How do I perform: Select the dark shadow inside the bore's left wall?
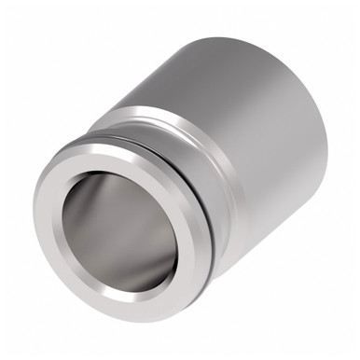[79, 224]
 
